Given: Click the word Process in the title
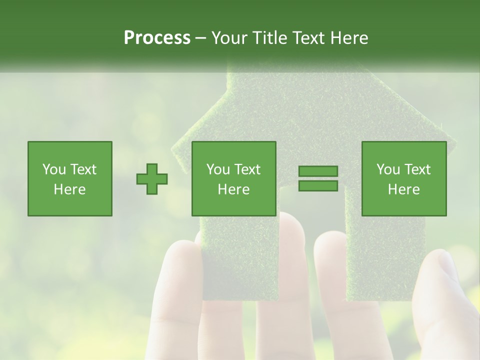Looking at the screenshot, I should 157,38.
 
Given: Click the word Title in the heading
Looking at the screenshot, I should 270,38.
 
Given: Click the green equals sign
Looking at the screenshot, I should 318,178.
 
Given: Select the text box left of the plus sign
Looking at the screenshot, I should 70,178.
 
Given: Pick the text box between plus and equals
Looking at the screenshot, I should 234,178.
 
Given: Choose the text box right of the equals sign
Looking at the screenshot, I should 404,178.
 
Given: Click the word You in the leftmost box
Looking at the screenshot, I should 54,169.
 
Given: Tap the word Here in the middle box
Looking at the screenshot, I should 234,189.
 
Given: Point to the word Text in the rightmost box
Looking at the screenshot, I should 418,169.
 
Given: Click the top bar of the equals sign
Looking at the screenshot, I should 318,171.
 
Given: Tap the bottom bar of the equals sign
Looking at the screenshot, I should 318,186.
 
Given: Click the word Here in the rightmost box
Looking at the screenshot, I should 404,189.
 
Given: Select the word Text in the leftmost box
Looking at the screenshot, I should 83,169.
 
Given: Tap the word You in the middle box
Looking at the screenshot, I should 218,169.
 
